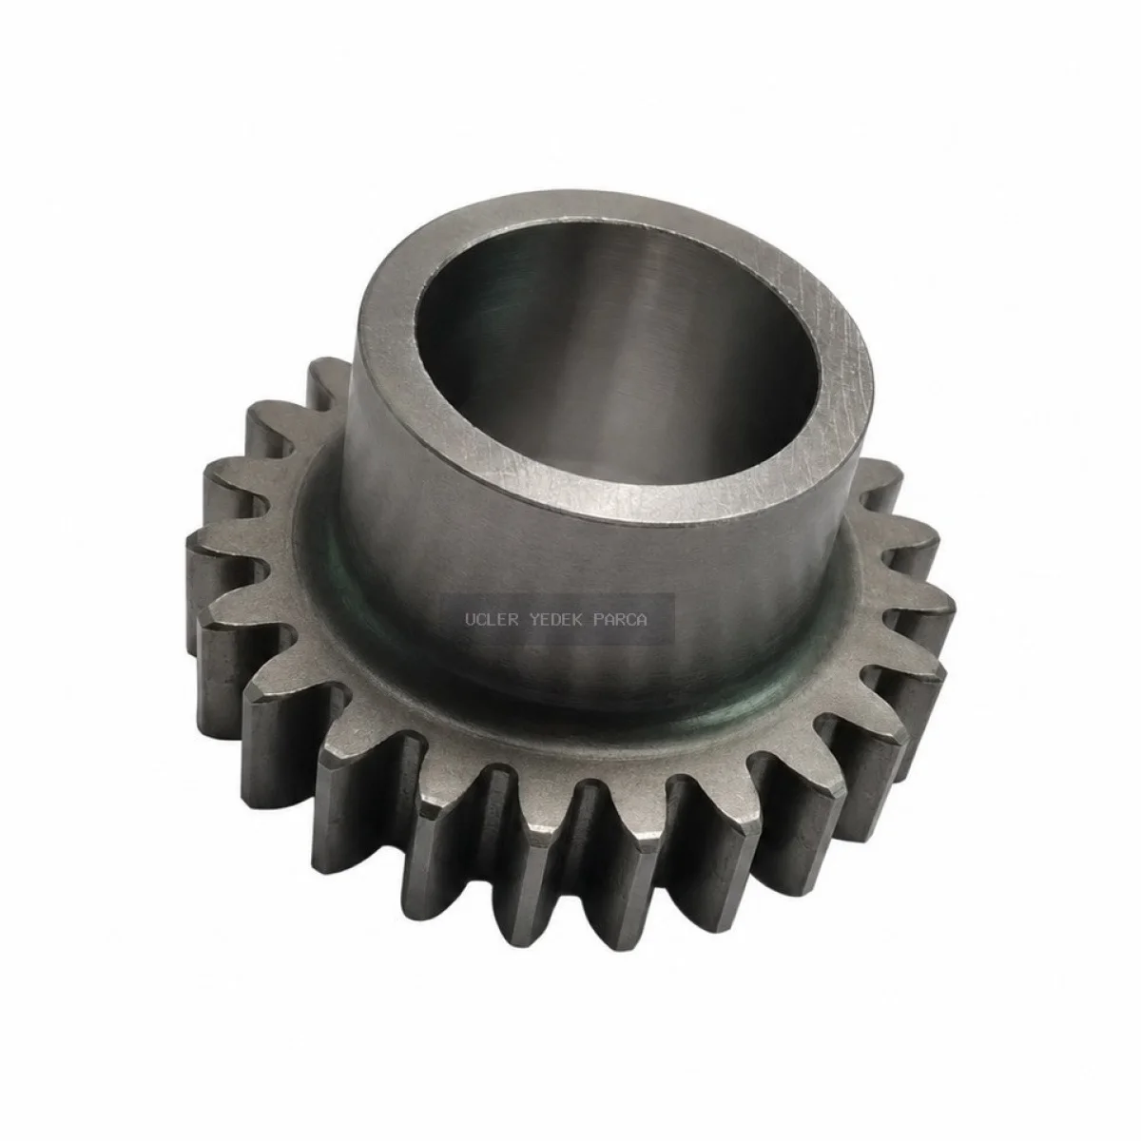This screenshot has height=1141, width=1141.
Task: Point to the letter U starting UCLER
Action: (470, 620)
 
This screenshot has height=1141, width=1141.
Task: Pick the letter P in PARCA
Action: (599, 620)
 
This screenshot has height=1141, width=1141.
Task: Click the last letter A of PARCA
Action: (643, 620)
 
